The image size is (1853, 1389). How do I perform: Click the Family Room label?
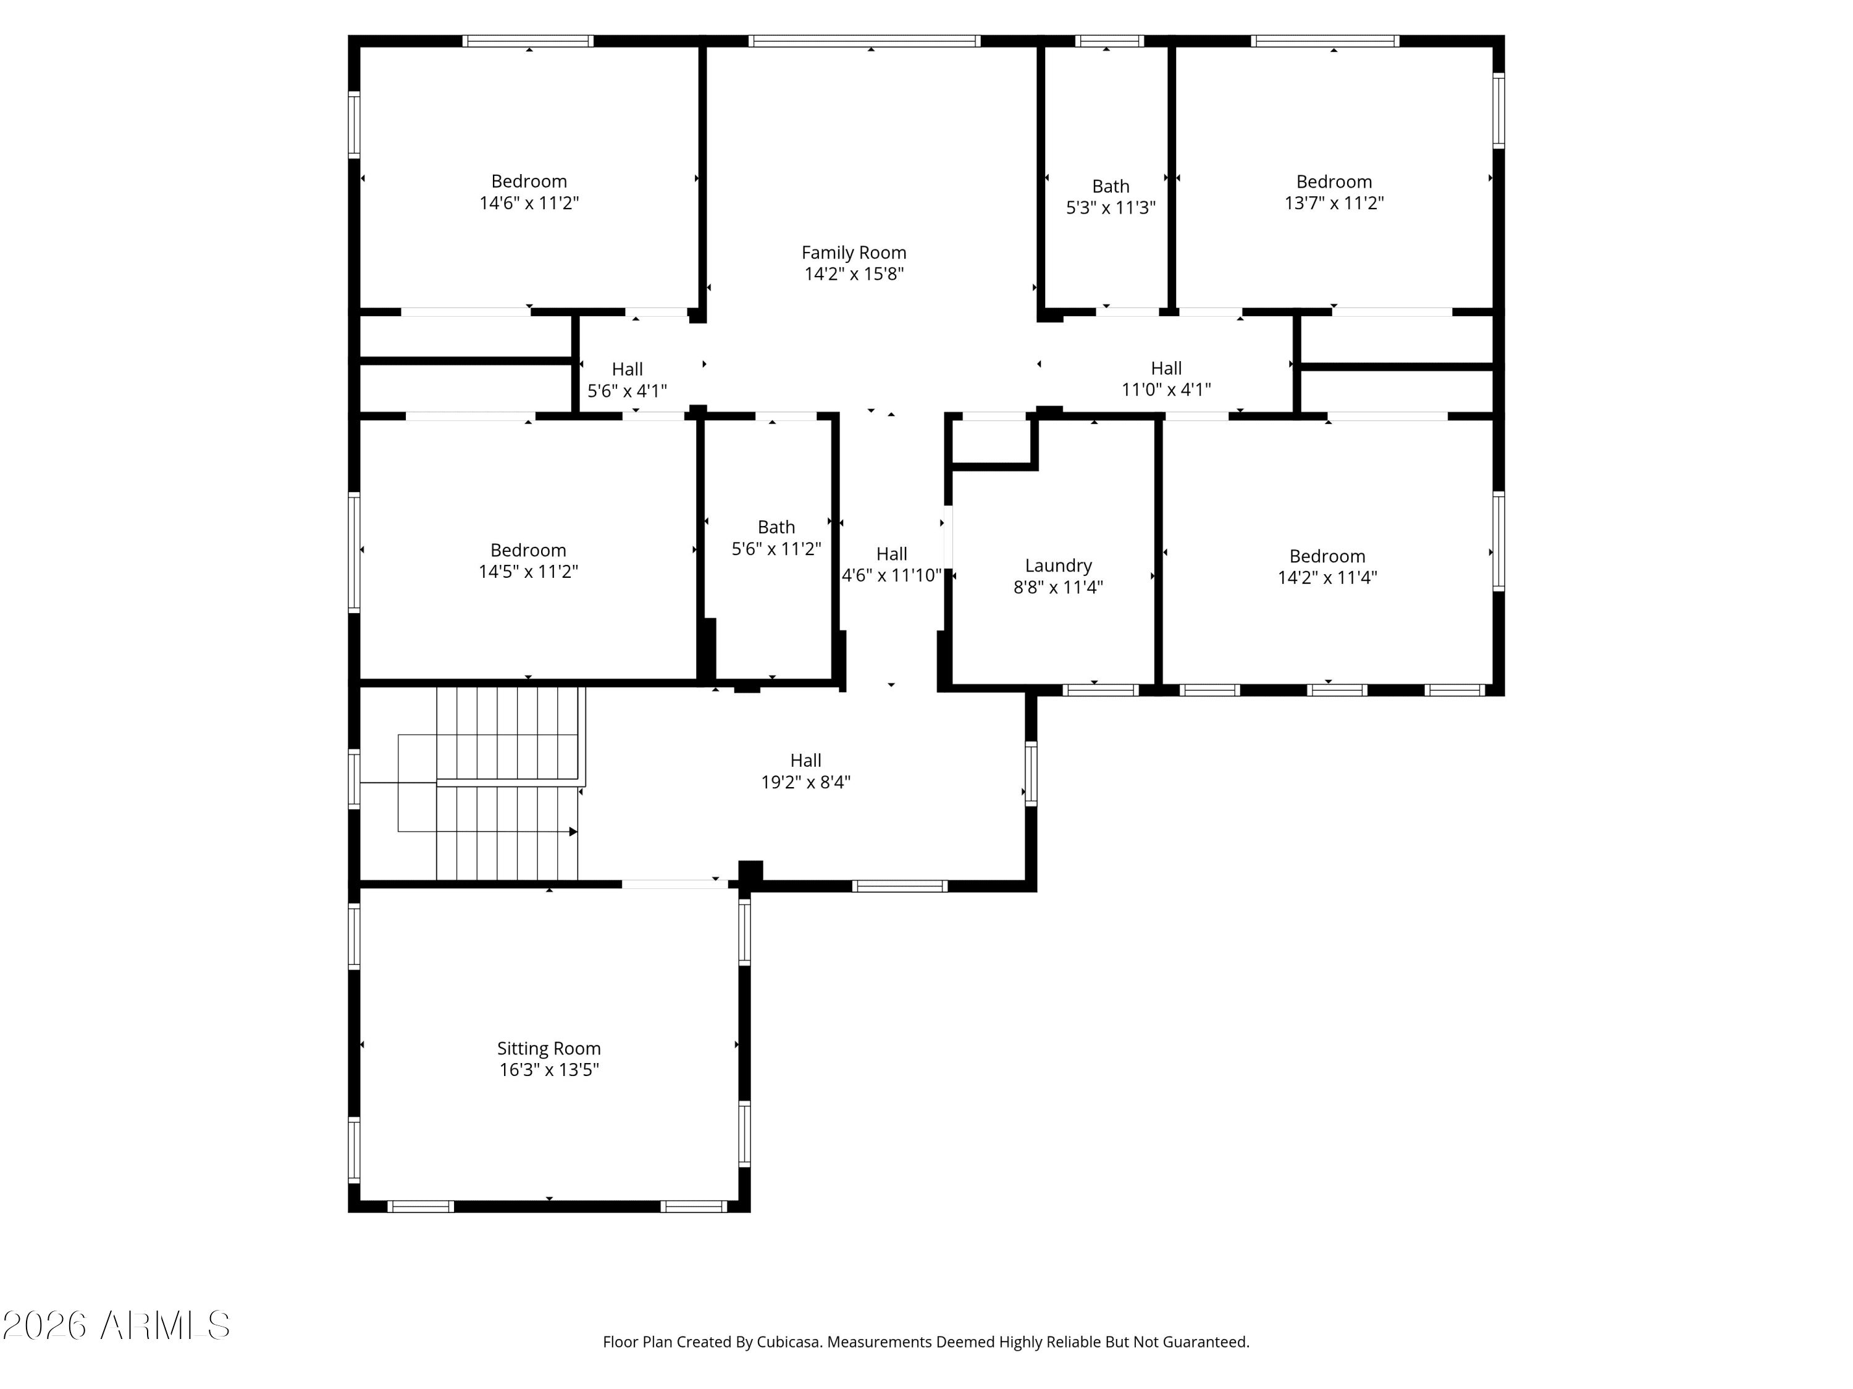pos(854,252)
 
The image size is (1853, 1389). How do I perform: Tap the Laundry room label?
pos(1058,566)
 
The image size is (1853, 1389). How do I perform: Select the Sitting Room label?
pos(548,1048)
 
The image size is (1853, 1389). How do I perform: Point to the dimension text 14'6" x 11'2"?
pos(529,202)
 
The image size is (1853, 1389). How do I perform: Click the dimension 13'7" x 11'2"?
pos(1334,202)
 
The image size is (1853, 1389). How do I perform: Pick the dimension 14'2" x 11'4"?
pos(1327,577)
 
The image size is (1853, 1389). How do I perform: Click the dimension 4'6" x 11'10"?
pos(891,575)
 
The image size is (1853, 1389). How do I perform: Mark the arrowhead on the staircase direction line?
pos(574,832)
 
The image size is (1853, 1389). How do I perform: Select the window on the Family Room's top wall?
pos(865,40)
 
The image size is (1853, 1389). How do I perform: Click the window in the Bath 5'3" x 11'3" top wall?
pos(1109,40)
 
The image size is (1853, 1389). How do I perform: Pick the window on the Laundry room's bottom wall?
pos(1101,690)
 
